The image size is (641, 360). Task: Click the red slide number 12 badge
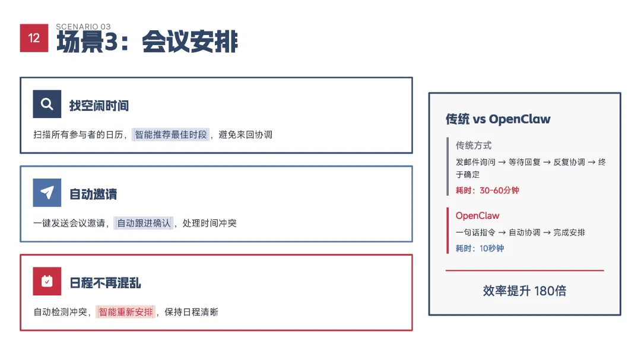click(x=34, y=38)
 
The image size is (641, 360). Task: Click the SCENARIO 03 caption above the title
click(x=83, y=27)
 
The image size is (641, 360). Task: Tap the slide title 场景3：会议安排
click(x=147, y=43)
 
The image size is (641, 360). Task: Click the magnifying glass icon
click(x=47, y=104)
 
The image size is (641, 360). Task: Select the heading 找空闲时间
click(x=99, y=106)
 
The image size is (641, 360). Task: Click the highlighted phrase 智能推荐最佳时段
click(x=171, y=135)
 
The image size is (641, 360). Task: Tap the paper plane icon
click(x=47, y=193)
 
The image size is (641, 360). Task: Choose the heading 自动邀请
click(x=93, y=194)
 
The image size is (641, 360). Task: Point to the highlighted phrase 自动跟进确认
click(x=144, y=223)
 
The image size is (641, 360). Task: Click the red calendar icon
click(x=47, y=281)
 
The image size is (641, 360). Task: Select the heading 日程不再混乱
click(x=105, y=282)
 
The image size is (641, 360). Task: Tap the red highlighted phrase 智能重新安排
click(x=126, y=311)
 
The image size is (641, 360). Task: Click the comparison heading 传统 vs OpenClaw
click(x=498, y=119)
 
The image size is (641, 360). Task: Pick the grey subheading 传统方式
click(x=474, y=145)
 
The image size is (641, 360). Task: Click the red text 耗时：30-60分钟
click(x=487, y=190)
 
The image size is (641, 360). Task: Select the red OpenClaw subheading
click(x=477, y=216)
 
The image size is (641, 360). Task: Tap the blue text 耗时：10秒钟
click(x=480, y=249)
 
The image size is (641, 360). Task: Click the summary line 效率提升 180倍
click(x=524, y=291)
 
